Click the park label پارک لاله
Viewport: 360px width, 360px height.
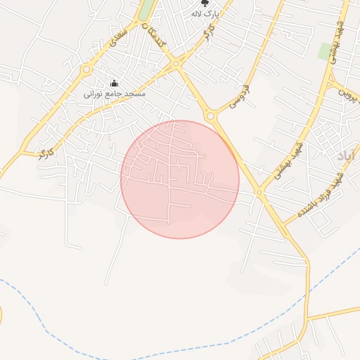(x=206, y=14)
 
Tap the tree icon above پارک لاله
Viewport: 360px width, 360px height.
(x=205, y=3)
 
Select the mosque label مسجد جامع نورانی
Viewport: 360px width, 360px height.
(x=114, y=94)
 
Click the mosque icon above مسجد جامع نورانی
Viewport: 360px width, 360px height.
(x=115, y=83)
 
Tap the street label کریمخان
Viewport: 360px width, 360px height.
(x=154, y=36)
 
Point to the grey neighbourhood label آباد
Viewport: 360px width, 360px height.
(x=347, y=155)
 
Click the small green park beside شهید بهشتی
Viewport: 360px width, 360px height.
(x=325, y=51)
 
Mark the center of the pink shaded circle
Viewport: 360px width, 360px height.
(x=180, y=179)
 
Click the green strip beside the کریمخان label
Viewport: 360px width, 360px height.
(x=147, y=10)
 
